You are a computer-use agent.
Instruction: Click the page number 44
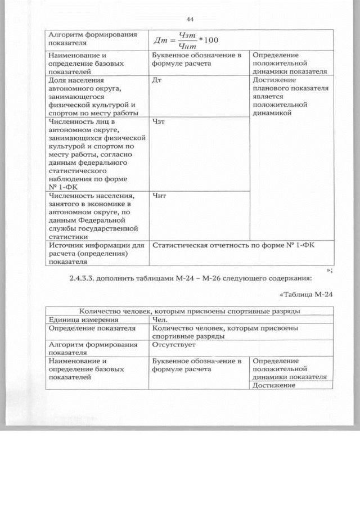pyautogui.click(x=190, y=20)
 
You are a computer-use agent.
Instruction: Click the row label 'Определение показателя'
pyautogui.click(x=92, y=328)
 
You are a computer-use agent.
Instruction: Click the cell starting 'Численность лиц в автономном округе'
pyautogui.click(x=92, y=153)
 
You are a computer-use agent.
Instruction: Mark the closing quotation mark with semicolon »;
pyautogui.click(x=330, y=269)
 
